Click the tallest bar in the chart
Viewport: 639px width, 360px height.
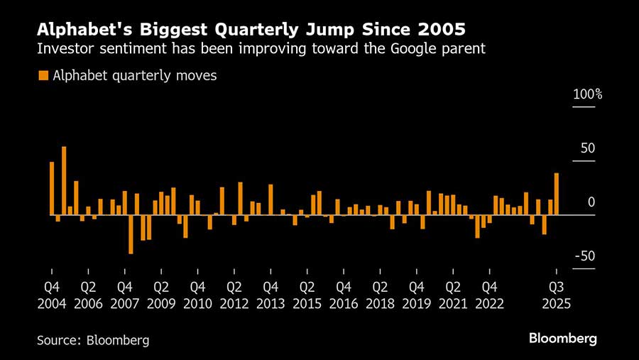[64, 180]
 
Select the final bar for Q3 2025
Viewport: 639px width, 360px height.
[556, 194]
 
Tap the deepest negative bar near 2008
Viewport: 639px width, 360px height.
[131, 234]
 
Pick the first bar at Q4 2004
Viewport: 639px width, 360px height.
[52, 188]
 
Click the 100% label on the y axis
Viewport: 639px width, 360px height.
[588, 94]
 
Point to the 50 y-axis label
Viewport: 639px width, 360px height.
[588, 148]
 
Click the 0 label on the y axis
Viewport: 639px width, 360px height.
[591, 202]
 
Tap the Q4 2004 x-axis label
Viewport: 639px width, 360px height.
[52, 295]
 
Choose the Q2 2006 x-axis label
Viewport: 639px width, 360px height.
[89, 295]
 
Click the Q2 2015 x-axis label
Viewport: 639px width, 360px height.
[307, 295]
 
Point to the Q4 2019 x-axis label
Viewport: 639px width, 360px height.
[417, 295]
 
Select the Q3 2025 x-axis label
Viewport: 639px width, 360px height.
[557, 295]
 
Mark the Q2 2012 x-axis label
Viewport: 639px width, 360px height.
[234, 295]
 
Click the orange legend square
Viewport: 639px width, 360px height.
[43, 75]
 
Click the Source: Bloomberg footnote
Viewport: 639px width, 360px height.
[93, 339]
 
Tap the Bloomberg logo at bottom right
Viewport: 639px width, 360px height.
[563, 339]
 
